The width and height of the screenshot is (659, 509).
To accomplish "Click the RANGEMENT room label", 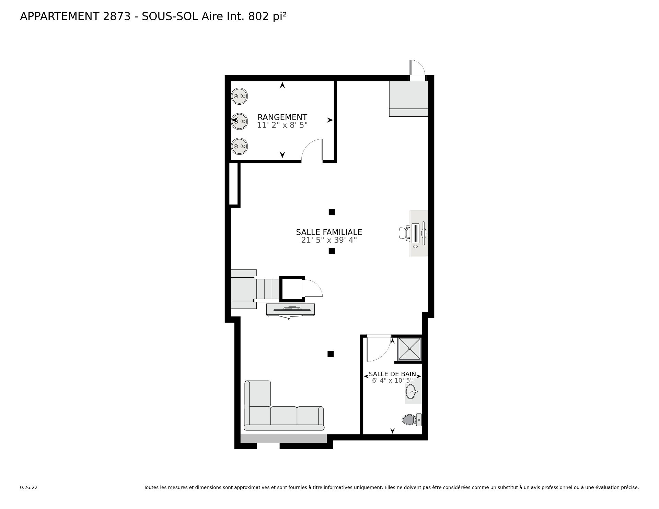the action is click(282, 117).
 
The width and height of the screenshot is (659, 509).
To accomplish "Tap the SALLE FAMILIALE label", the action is click(329, 232).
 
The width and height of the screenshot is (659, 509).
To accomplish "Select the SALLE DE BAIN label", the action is click(392, 374).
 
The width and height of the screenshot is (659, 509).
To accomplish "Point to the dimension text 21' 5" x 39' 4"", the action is click(329, 240).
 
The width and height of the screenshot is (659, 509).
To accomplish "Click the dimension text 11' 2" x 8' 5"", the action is click(282, 125).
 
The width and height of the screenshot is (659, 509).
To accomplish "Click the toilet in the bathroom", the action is click(412, 419).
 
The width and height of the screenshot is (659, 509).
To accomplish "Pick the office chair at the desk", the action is click(405, 233).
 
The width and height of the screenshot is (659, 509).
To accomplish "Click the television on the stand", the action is click(291, 310).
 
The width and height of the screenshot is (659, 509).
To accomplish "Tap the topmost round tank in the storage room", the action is click(239, 96).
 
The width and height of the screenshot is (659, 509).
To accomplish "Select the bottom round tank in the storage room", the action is click(239, 147).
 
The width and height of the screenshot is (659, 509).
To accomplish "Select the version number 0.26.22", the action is click(28, 487).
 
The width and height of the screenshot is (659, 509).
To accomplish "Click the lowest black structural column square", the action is click(331, 354).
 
